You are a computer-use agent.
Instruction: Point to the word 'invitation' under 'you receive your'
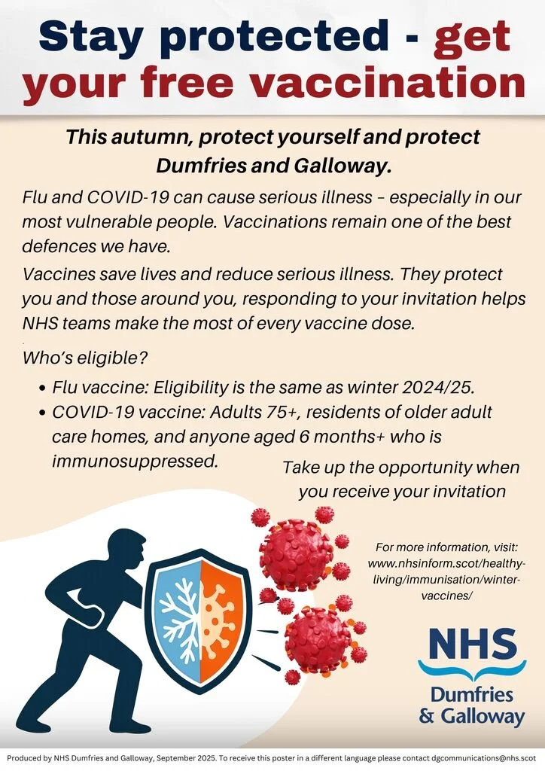(x=464, y=492)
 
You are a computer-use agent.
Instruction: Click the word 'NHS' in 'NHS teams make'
(x=41, y=323)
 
